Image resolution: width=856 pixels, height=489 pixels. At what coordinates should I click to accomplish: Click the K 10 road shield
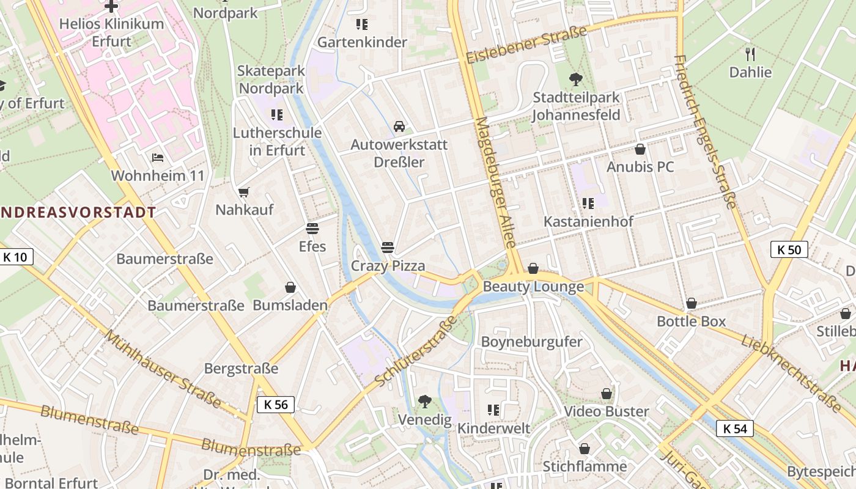[x=15, y=257]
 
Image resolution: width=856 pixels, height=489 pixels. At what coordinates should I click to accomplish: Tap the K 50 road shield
[x=789, y=249]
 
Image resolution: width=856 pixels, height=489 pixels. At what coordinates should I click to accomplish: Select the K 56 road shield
[x=276, y=404]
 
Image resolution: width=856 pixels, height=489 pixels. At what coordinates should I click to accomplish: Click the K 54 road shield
[x=735, y=429]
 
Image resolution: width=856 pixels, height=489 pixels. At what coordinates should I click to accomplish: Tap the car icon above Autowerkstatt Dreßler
[x=399, y=127]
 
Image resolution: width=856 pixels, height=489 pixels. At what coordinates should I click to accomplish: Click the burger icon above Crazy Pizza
[x=388, y=248]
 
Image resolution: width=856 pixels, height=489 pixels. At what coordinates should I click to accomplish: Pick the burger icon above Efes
[x=312, y=229]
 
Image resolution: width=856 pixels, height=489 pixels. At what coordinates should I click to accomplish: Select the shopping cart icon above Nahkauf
[x=244, y=192]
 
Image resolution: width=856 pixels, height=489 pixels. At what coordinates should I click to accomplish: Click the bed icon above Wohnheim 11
[x=158, y=158]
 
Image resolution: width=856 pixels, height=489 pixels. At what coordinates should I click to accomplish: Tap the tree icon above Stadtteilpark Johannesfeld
[x=575, y=79]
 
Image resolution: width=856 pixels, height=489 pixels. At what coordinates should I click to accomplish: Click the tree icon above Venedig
[x=424, y=402]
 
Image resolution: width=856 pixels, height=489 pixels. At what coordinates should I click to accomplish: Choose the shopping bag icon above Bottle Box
[x=692, y=303]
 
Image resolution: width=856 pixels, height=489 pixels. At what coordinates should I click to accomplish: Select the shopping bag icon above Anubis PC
[x=640, y=149]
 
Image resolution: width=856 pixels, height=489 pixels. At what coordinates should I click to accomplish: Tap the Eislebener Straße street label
[x=526, y=45]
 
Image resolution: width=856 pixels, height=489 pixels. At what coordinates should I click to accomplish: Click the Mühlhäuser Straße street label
[x=163, y=369]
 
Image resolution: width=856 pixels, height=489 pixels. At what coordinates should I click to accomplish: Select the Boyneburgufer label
[x=532, y=342]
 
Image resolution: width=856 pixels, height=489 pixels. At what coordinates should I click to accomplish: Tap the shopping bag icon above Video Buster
[x=607, y=394]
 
